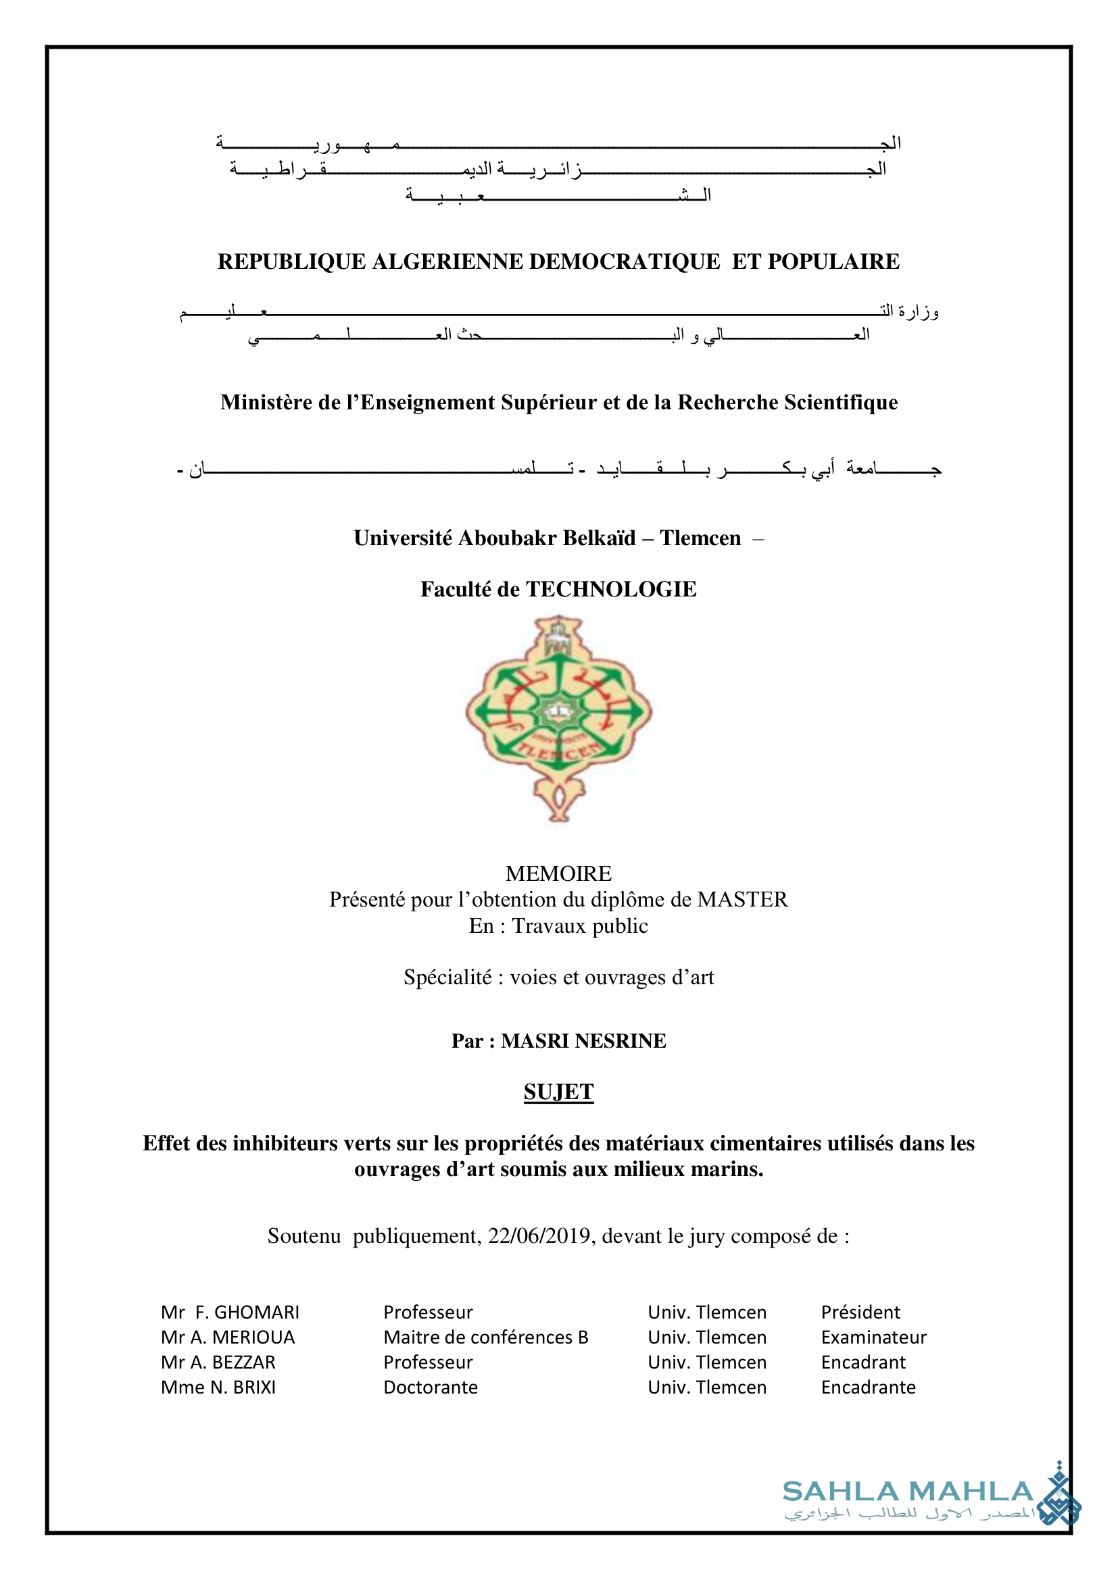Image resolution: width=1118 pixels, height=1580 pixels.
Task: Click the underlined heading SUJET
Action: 558,1092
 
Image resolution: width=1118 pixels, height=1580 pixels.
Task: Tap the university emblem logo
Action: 559,718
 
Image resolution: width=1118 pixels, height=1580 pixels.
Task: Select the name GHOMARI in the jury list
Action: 257,1313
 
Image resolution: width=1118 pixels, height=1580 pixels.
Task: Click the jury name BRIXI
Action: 254,1387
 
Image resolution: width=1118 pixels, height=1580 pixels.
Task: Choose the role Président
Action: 860,1313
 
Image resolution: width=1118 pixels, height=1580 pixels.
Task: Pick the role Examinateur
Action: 873,1337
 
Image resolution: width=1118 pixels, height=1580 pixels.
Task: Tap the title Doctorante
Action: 431,1387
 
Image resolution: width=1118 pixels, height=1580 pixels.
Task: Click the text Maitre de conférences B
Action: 485,1337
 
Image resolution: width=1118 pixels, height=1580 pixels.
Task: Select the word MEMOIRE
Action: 558,873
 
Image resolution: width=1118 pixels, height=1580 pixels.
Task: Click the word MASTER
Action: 743,899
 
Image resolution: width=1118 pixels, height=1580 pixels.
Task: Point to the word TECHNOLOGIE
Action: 611,589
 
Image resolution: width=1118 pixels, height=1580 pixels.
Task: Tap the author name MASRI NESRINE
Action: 583,1040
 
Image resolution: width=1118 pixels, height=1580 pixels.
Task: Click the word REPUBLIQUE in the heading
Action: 291,261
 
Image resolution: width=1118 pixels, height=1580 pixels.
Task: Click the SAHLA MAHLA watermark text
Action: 908,1492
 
